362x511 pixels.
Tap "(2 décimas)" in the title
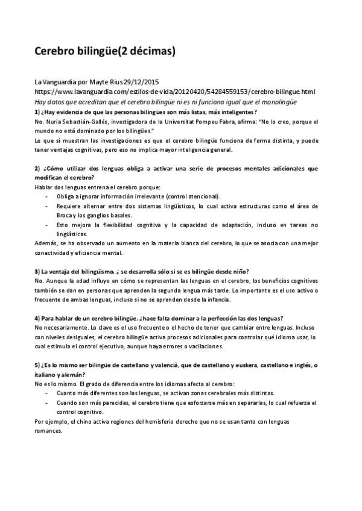click(145, 51)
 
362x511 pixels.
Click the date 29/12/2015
click(142, 82)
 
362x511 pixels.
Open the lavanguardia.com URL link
click(175, 92)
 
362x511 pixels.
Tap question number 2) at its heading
click(37, 168)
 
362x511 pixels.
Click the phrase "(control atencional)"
click(192, 196)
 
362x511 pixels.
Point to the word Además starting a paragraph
click(46, 243)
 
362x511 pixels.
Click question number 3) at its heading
click(37, 271)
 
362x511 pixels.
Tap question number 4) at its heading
click(37, 318)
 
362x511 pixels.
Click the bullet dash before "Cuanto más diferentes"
click(47, 393)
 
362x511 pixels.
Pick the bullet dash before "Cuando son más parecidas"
click(47, 403)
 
